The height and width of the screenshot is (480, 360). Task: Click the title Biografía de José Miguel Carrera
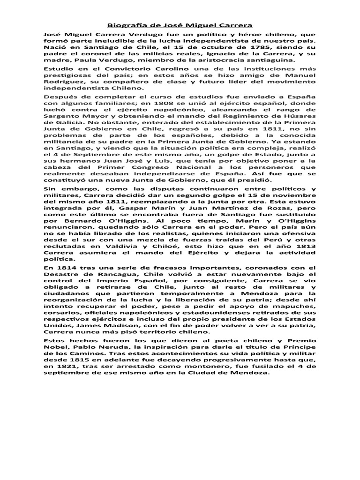pyautogui.click(x=180, y=24)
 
